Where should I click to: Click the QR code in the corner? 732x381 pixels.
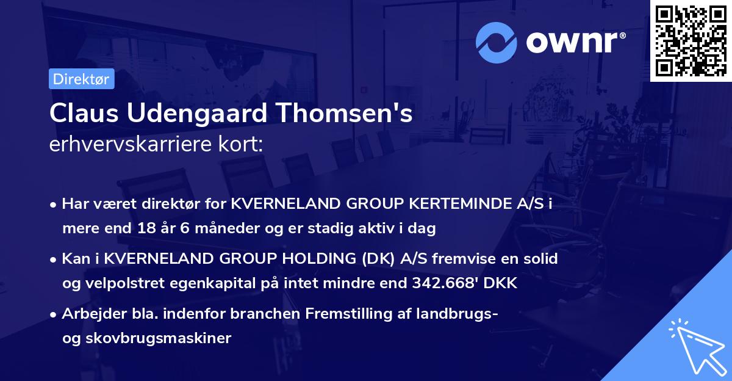tap(691, 40)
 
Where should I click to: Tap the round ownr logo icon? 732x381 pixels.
tap(497, 42)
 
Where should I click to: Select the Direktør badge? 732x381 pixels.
tap(81, 79)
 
